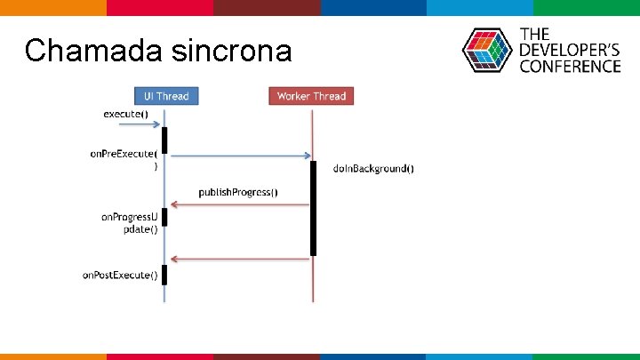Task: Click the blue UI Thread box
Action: pos(166,96)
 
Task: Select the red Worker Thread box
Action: pos(311,96)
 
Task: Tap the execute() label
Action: pos(125,114)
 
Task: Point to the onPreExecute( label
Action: pos(124,154)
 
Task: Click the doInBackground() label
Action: pos(373,169)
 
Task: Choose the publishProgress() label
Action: pos(237,192)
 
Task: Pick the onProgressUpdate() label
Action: pos(130,222)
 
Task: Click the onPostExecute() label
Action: pos(120,276)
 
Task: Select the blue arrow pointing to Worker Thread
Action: pos(240,156)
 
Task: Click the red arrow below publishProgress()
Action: pos(240,205)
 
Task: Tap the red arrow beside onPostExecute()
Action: pos(240,259)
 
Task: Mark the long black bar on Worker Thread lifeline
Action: pos(313,208)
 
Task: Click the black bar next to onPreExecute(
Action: pos(164,140)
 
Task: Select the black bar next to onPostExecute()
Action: pos(164,275)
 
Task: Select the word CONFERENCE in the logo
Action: pos(570,66)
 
